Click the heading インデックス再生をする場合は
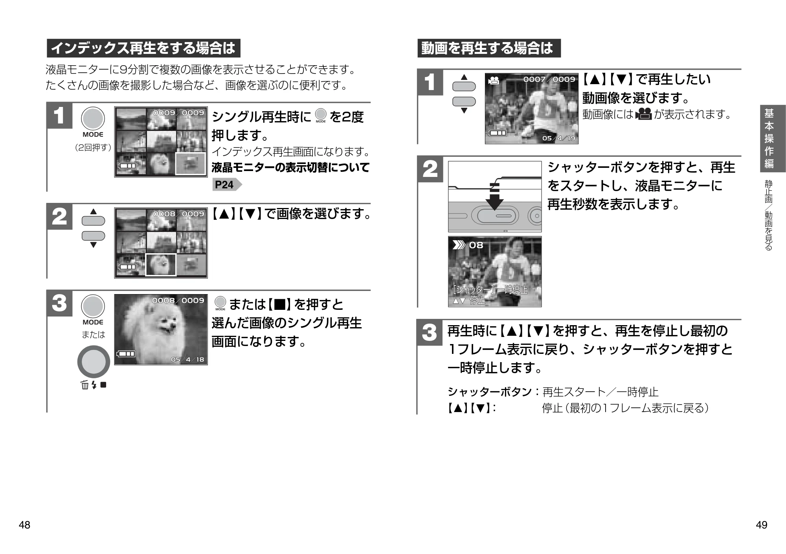coord(143,48)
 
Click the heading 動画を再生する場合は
coord(489,48)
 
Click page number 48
coord(24,525)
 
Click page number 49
coord(761,525)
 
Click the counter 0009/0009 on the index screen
coord(178,113)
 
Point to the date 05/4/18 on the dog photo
coord(187,359)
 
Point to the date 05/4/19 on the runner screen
coord(558,138)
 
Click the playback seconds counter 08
coord(476,245)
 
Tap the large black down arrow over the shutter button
coord(494,197)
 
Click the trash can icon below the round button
coord(84,385)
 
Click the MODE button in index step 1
coord(93,119)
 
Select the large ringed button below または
coord(94,362)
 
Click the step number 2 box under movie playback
coord(430,169)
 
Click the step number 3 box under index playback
coord(59,304)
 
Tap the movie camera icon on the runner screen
coord(494,81)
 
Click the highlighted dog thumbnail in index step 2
coord(161,265)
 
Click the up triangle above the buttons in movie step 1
coord(464,77)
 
